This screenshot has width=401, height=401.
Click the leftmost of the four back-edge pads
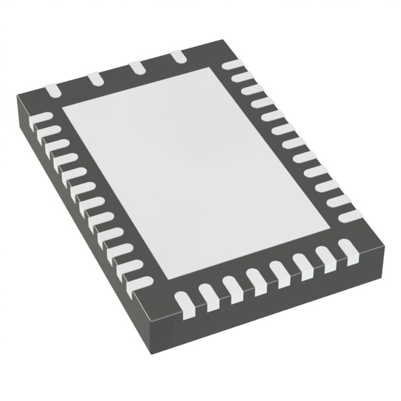53,91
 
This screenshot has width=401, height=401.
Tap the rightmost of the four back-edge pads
179,57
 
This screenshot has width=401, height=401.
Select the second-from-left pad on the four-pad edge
95,79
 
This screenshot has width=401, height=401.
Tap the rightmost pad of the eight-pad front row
347,250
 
